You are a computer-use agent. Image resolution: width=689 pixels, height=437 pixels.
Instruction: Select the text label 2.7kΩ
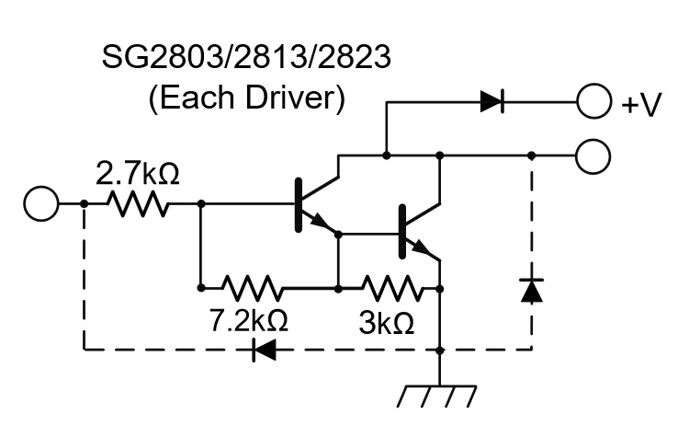(x=138, y=172)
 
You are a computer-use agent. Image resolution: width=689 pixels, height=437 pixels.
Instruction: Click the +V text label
(x=641, y=105)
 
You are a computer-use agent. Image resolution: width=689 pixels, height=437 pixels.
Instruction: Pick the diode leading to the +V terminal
(x=492, y=102)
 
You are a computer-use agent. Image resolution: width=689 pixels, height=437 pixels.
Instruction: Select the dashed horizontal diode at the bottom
(x=265, y=350)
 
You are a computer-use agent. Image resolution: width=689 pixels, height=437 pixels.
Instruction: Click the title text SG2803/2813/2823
(x=245, y=61)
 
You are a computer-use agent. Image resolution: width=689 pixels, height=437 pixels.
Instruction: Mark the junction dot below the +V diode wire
(x=387, y=156)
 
